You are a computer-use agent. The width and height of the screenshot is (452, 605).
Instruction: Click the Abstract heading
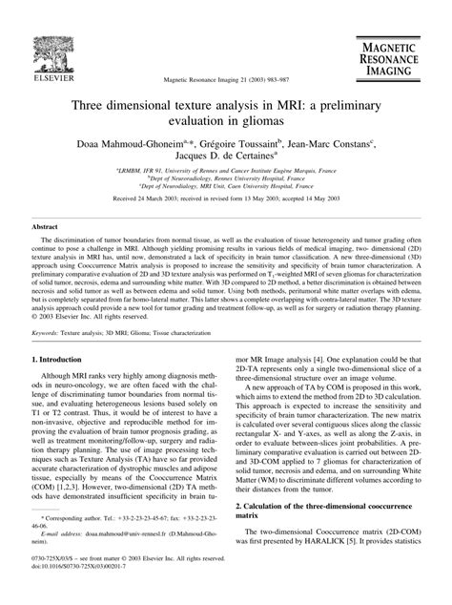coord(47,228)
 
